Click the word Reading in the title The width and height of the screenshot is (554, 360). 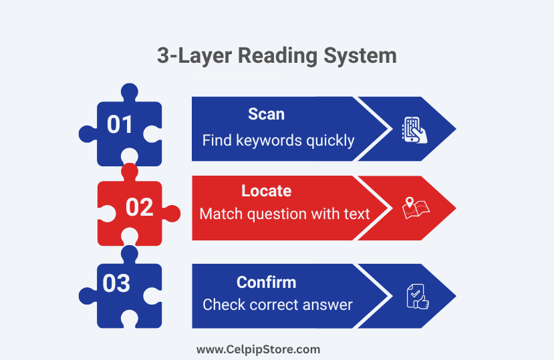point(277,57)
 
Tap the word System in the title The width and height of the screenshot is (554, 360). point(360,57)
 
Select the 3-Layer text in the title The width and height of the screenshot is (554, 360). point(194,57)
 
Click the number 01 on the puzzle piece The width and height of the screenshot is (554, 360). point(120,124)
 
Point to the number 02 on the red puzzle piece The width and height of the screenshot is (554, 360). point(139,207)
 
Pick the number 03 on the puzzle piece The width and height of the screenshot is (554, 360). point(116,283)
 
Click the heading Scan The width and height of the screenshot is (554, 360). point(266,114)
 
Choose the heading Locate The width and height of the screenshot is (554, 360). point(267,191)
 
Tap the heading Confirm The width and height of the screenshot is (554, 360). point(267,283)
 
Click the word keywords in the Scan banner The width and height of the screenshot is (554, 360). point(269,141)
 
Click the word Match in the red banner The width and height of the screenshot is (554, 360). point(221,214)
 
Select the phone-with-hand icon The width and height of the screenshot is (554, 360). point(414,130)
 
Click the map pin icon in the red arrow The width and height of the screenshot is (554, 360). point(410,202)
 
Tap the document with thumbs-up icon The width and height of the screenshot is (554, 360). point(418,297)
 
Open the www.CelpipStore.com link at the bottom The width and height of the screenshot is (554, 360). point(258,350)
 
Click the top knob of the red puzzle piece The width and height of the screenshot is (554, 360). point(130,172)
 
